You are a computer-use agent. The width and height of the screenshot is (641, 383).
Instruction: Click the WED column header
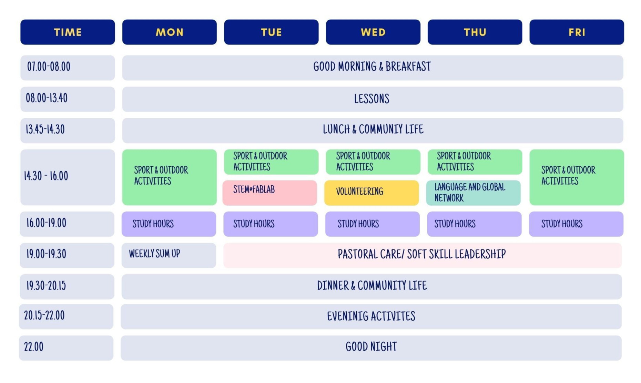[x=373, y=32]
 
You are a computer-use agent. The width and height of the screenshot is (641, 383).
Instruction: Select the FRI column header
[x=577, y=32]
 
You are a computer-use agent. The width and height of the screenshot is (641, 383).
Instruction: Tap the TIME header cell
[x=68, y=32]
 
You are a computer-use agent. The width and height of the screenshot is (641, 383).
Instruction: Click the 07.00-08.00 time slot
[x=68, y=68]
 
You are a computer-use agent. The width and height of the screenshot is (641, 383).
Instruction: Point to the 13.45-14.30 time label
[x=45, y=129]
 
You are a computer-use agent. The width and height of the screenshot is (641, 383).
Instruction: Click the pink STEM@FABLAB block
[x=270, y=193]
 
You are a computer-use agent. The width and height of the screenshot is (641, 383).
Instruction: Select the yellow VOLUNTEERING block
[x=372, y=193]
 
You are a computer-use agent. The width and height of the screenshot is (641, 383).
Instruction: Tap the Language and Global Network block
[x=474, y=193]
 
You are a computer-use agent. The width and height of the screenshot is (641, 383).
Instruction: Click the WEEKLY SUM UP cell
[x=169, y=255]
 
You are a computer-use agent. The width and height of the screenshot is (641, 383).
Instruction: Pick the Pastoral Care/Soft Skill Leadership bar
[x=423, y=255]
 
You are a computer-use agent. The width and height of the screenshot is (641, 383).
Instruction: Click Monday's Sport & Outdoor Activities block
[x=170, y=177]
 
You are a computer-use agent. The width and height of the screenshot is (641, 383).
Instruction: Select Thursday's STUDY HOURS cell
[x=474, y=224]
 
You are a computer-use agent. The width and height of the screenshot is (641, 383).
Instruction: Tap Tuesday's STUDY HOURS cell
[x=271, y=224]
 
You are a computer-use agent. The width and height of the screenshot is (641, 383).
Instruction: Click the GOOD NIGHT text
[x=371, y=347]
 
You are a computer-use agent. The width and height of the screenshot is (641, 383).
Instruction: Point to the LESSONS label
[x=372, y=99]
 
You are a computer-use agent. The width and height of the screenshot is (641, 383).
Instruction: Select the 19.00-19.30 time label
[x=46, y=254]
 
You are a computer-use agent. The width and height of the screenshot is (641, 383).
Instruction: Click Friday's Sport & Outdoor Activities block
[x=577, y=177]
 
